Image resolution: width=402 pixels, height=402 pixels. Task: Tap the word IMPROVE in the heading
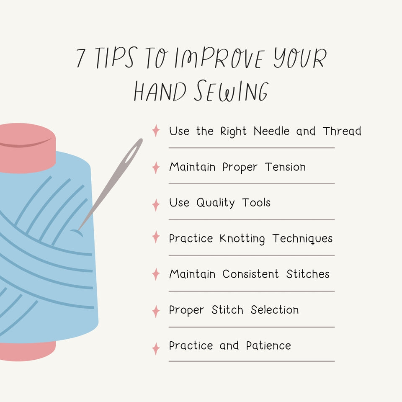tap(218, 59)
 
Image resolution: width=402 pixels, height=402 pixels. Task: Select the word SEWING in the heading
tap(231, 91)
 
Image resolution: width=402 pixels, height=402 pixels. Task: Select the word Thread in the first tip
tap(342, 131)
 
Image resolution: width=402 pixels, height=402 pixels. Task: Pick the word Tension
tap(285, 167)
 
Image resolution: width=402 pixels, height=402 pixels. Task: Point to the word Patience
tap(268, 346)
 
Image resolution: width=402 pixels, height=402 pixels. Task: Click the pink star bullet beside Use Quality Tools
tap(156, 205)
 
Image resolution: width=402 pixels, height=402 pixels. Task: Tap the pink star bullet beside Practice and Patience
tap(156, 348)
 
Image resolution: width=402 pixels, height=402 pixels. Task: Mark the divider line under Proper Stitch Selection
tap(251, 327)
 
